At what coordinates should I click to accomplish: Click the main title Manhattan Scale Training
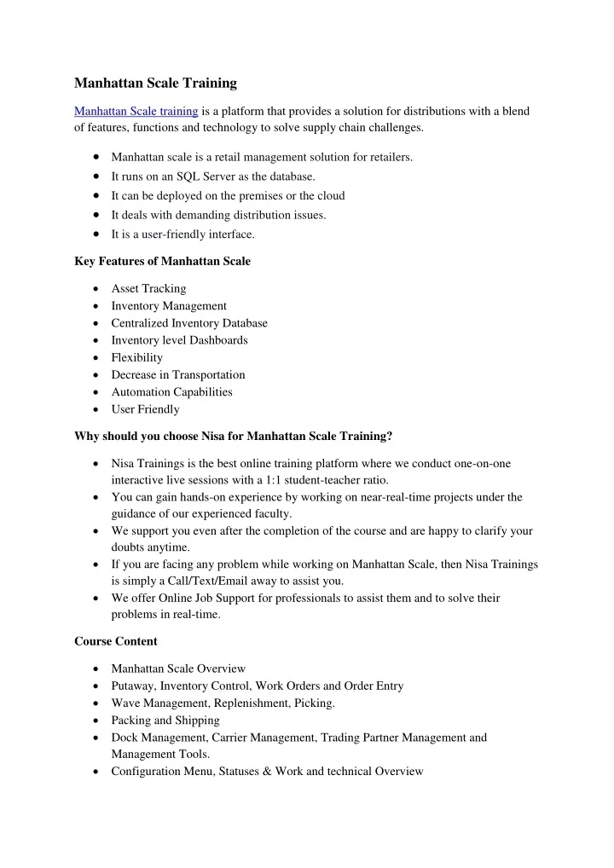click(x=155, y=83)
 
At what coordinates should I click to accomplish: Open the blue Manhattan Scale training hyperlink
click(x=136, y=111)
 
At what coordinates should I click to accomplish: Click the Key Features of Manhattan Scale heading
click(x=162, y=261)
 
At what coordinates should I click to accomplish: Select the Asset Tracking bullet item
click(x=148, y=289)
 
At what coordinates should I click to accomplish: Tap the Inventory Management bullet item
click(x=169, y=306)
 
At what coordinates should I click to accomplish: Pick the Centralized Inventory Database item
click(x=189, y=323)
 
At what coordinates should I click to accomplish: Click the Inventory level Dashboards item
click(x=179, y=340)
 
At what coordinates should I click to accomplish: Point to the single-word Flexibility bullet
click(x=136, y=357)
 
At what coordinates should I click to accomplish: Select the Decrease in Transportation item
click(x=178, y=374)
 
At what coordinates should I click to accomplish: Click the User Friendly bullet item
click(x=145, y=409)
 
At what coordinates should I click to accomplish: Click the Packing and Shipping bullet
click(x=165, y=720)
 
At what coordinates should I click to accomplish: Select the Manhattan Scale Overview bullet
click(x=178, y=668)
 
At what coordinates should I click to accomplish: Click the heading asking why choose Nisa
click(x=234, y=436)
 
